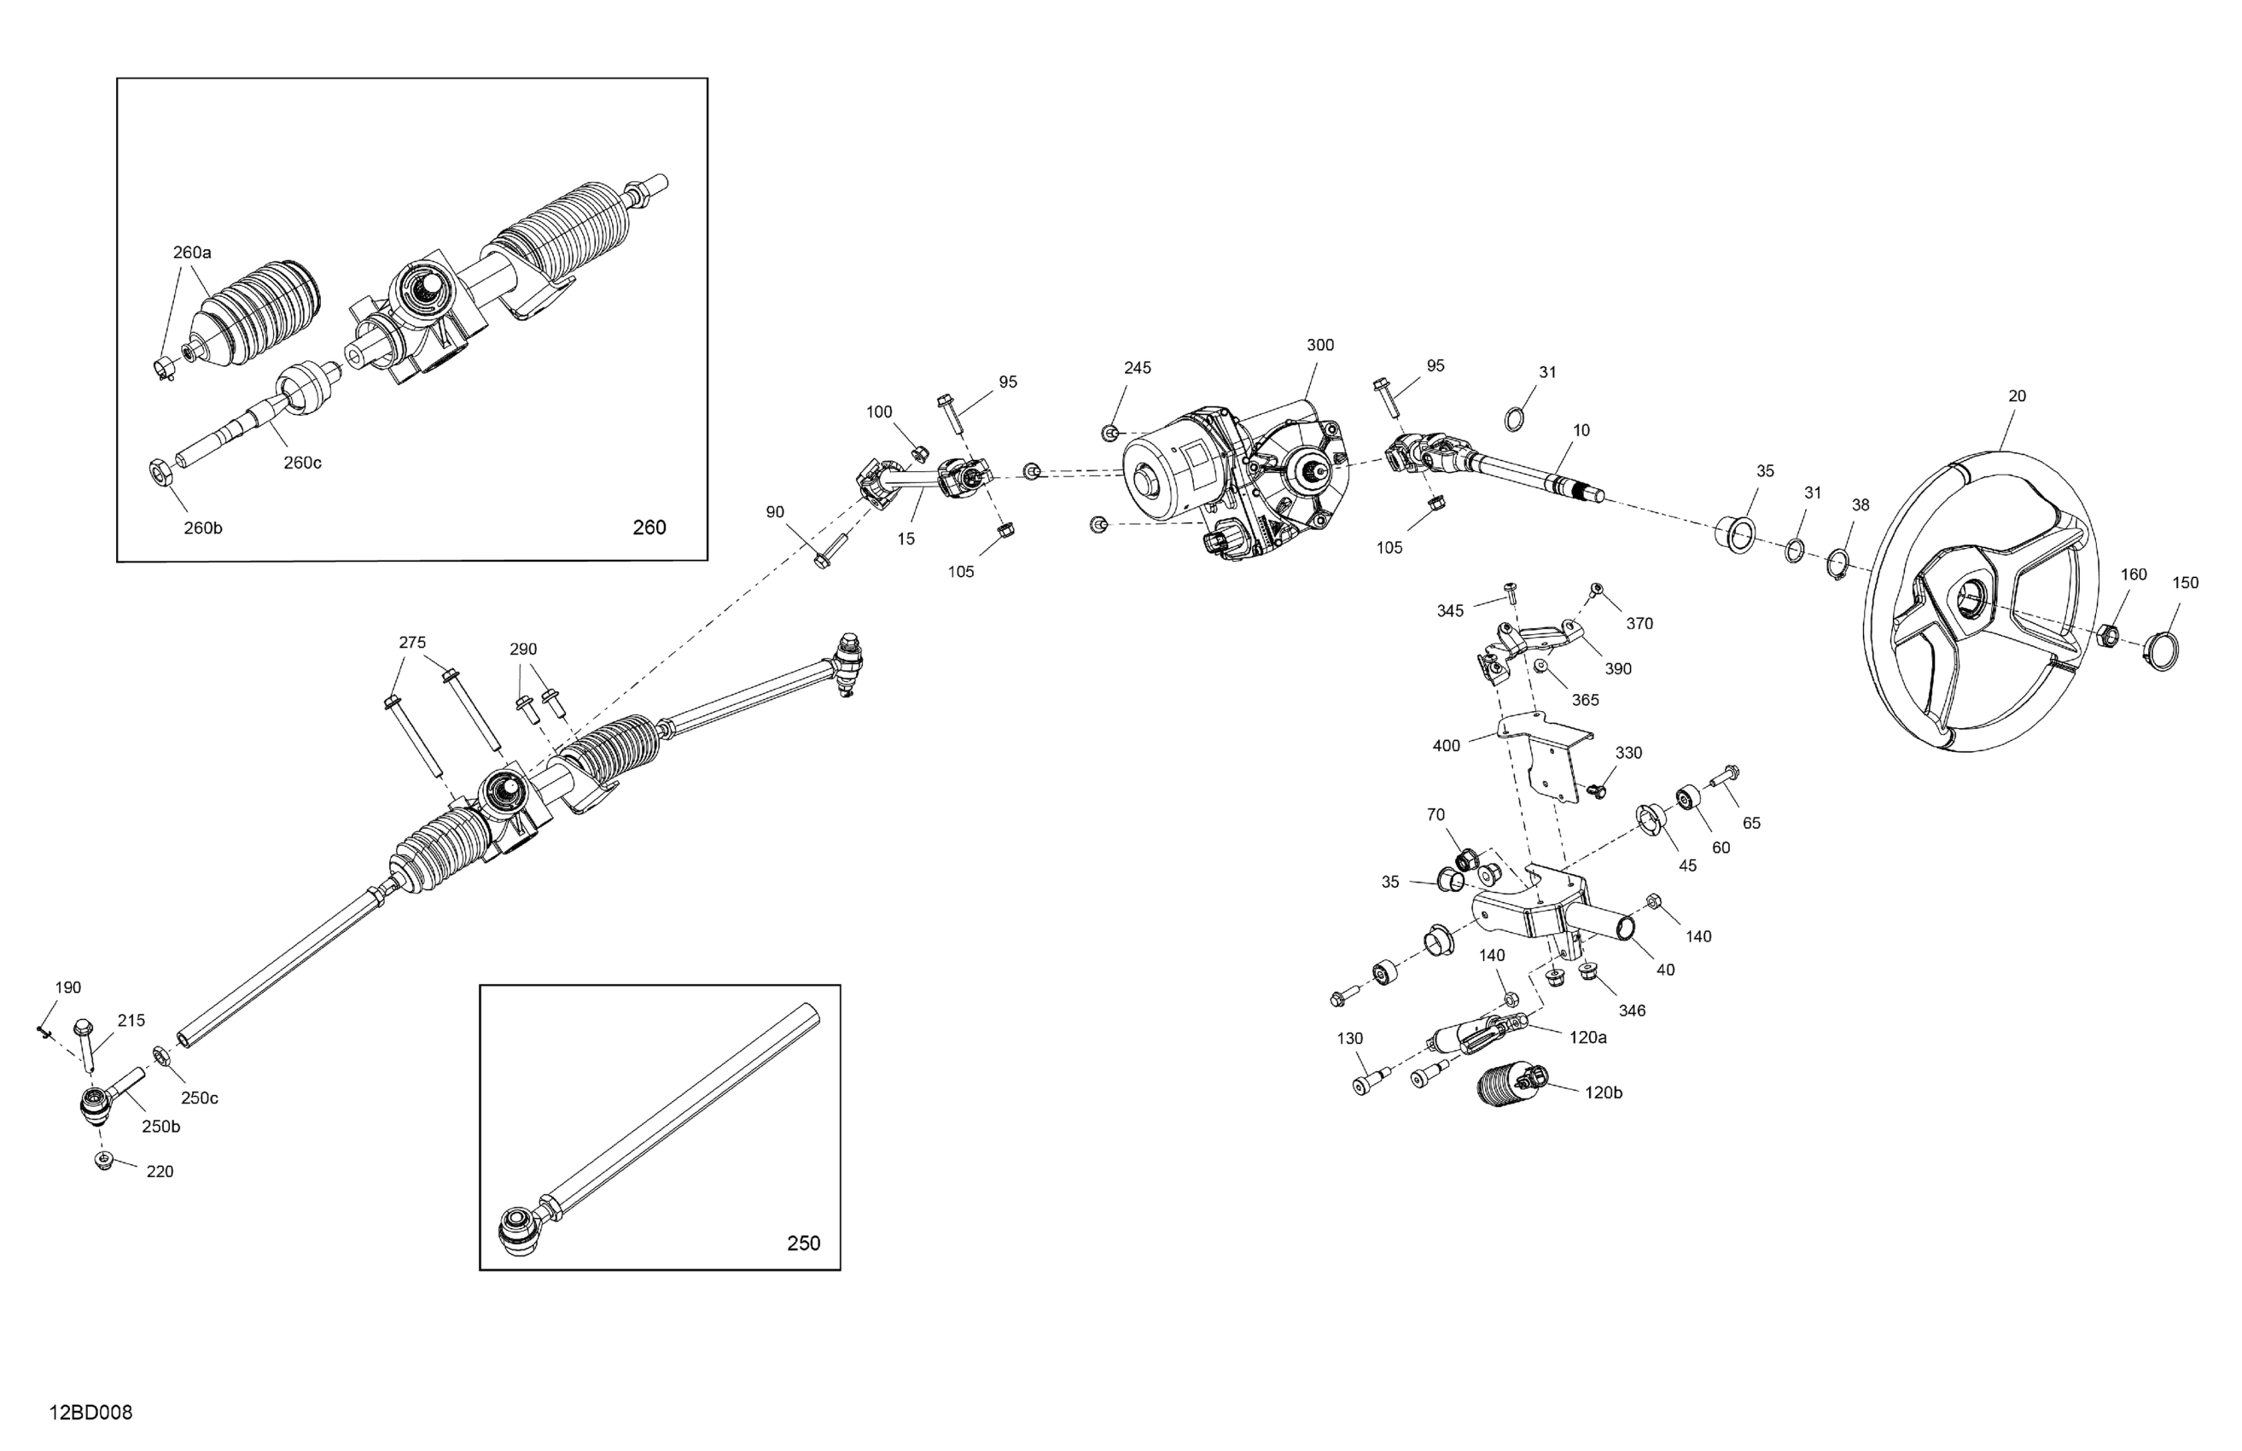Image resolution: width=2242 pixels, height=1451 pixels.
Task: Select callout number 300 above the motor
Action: tap(1319, 346)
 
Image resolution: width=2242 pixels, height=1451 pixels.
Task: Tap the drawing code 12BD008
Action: tap(90, 1413)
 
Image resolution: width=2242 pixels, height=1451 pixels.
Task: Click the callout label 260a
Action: tap(192, 253)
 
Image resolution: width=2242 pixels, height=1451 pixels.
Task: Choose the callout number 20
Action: tap(2017, 397)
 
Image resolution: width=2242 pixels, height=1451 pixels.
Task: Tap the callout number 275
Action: tap(411, 643)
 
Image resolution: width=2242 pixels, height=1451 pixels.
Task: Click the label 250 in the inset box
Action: tap(804, 1244)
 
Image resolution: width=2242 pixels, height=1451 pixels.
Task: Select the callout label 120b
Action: tap(1604, 1093)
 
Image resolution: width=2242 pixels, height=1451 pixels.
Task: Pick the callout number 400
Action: tap(1446, 746)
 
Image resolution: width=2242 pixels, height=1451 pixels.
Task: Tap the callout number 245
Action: tap(1137, 369)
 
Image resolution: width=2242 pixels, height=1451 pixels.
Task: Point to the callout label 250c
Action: tap(200, 1098)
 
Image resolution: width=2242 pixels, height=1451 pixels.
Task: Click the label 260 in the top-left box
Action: tap(649, 527)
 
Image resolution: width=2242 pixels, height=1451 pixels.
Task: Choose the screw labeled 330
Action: tap(1595, 789)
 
